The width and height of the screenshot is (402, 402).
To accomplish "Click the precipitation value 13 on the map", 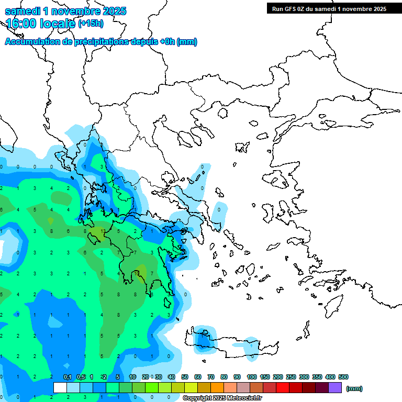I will (x=103, y=231).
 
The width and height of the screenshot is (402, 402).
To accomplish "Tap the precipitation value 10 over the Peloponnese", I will (x=136, y=273).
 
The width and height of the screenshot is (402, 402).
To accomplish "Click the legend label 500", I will (x=343, y=377).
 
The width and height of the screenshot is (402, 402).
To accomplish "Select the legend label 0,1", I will (x=68, y=377).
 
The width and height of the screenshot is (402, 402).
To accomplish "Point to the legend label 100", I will (x=251, y=377).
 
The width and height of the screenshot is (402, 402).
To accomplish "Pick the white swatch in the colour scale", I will (x=60, y=388).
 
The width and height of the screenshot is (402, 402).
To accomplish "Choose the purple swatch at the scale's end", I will (x=335, y=388).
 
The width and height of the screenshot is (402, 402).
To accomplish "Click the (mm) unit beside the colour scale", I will (x=354, y=388).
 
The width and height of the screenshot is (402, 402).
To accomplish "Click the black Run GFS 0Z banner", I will (x=329, y=8).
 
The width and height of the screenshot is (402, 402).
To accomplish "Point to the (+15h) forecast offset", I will (x=91, y=23).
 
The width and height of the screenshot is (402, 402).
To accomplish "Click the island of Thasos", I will (x=223, y=113).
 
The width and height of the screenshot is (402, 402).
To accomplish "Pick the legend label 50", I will (x=185, y=377).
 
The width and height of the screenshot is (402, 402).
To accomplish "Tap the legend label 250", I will (x=291, y=377).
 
